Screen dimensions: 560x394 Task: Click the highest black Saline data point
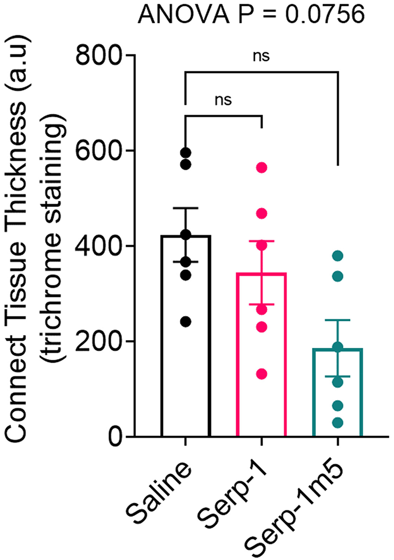pyautogui.click(x=185, y=152)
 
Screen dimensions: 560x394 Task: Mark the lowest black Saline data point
pyautogui.click(x=185, y=321)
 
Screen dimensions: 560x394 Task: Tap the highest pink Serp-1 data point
pyautogui.click(x=261, y=167)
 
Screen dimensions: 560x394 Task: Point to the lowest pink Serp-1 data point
pyautogui.click(x=261, y=374)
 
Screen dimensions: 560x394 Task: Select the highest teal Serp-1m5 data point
pyautogui.click(x=337, y=255)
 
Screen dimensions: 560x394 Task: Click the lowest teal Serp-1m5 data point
pyautogui.click(x=337, y=423)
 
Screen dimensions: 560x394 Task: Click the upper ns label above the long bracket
pyautogui.click(x=261, y=56)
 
